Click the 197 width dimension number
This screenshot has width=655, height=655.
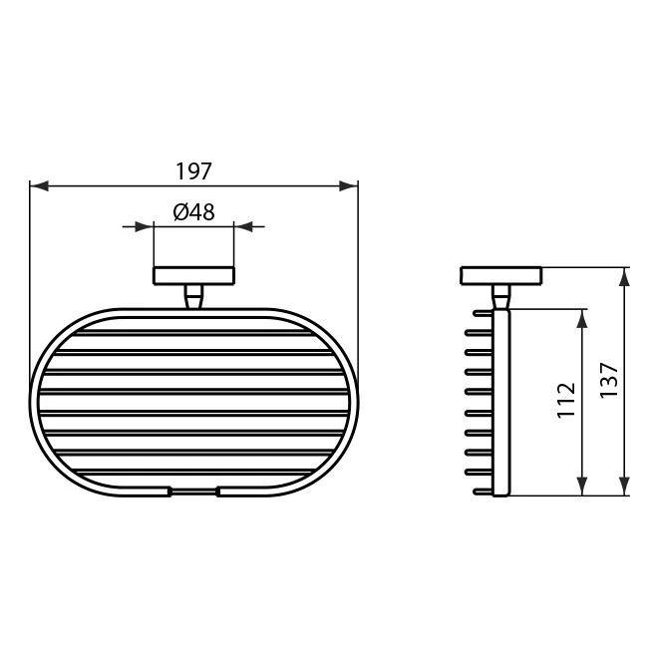193,170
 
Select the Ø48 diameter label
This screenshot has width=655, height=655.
193,212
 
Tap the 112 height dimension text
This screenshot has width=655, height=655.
565,402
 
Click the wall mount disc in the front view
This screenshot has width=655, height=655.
193,276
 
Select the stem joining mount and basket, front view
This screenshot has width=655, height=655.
193,296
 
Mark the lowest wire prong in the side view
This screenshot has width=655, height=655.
481,489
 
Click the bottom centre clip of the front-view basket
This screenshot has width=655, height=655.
193,491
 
